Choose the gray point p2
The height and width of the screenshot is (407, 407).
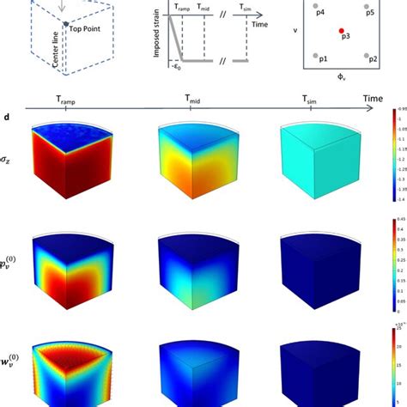coord(368,57)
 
